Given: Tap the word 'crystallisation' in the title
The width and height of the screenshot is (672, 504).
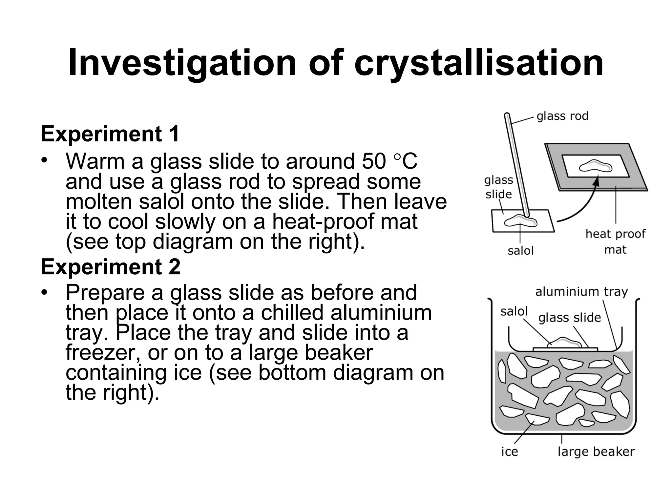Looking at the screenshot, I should click(479, 63).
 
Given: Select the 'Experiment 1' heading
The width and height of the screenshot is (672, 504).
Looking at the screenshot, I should click(110, 134).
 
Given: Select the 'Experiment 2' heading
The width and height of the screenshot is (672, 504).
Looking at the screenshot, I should click(111, 267).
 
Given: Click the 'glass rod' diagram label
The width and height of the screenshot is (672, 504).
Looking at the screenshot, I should click(562, 116).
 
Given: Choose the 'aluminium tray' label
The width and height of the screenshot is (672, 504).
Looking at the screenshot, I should click(581, 291).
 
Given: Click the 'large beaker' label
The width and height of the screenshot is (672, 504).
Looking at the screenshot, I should click(596, 451).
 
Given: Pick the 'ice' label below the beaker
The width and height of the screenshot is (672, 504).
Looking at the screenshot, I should click(510, 451).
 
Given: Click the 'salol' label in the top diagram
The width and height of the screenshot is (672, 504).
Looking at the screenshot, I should click(520, 251).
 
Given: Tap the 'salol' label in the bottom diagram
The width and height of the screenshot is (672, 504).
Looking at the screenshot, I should click(514, 311).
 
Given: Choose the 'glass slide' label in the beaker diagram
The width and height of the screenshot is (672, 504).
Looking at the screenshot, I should click(569, 318).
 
